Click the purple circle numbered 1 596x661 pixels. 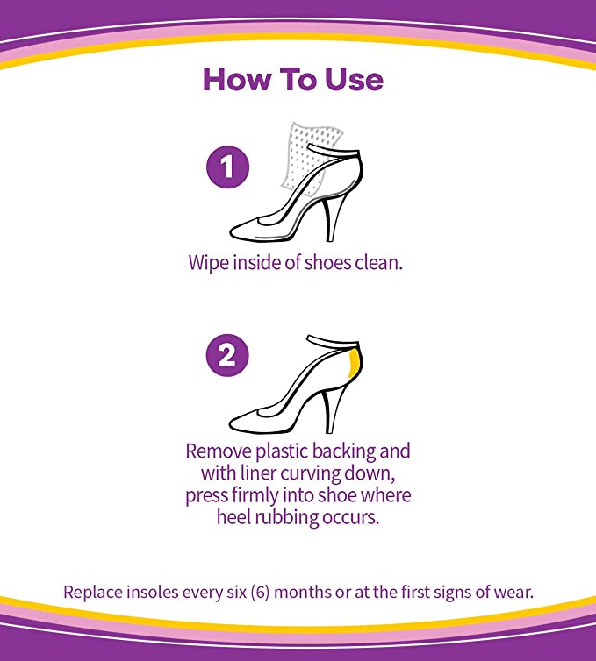(228, 167)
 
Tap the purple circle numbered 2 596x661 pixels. (228, 357)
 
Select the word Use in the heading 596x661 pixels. (350, 80)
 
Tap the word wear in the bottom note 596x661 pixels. (513, 592)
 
